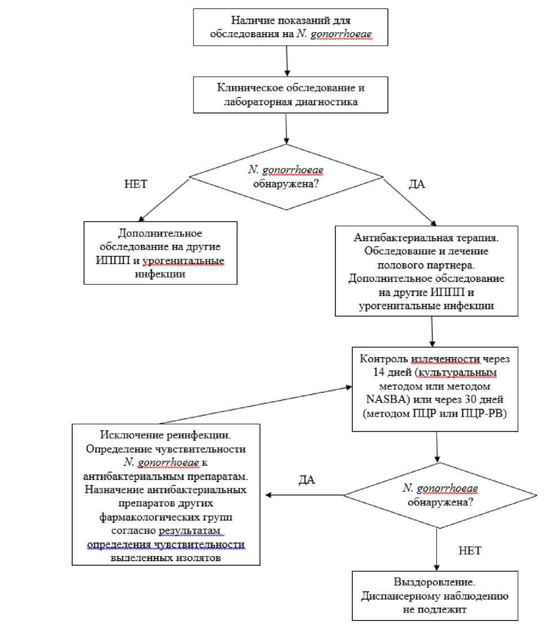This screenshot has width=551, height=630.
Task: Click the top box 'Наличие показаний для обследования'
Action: pos(290,27)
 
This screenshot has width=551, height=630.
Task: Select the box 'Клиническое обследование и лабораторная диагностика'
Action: pos(290,95)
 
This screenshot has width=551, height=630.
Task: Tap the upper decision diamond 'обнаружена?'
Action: pos(286,177)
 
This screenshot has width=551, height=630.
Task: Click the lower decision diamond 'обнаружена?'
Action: pos(440,495)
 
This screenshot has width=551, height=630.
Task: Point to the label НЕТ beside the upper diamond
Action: pos(136,184)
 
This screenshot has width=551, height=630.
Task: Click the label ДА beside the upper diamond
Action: pos(417,184)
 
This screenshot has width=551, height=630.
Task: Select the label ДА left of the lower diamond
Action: pos(307,480)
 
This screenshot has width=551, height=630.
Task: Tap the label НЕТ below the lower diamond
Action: pos(470,550)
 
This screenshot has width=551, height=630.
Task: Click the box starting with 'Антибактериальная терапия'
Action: pos(426,271)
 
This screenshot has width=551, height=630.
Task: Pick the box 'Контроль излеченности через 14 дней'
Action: pos(435,389)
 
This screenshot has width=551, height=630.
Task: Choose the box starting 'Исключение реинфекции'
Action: pos(166,495)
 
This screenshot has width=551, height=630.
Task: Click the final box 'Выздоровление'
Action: pos(435,596)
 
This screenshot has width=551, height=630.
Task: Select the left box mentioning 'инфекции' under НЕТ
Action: pos(160,253)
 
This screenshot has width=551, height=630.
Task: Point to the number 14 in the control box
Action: pos(379,372)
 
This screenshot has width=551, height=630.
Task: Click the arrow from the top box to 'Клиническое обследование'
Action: pos(287,61)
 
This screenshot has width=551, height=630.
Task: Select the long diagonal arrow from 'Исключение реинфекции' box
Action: pos(256,405)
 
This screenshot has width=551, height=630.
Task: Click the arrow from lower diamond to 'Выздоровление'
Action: pos(437,550)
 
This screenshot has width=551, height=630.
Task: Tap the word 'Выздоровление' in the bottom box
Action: pos(434,582)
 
